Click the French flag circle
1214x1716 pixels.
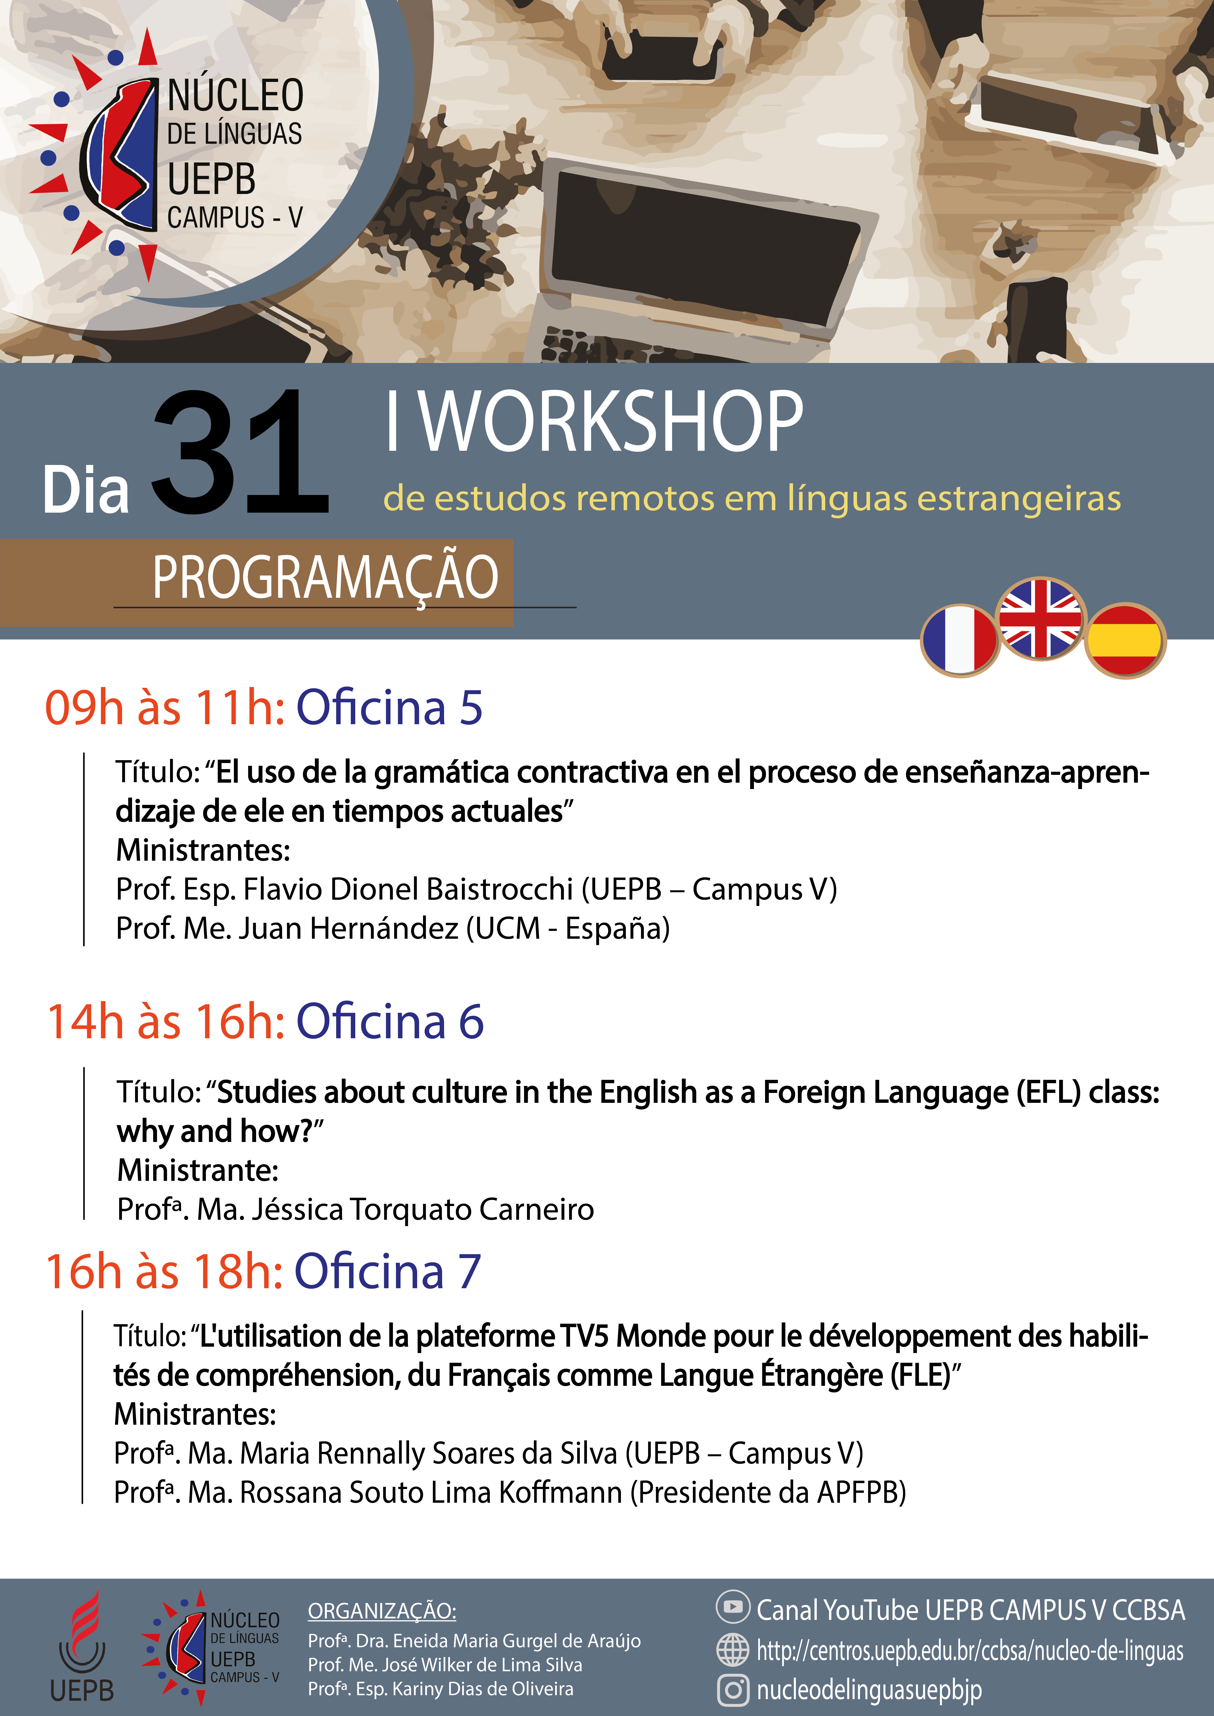coord(960,641)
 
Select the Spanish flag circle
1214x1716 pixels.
coord(1125,641)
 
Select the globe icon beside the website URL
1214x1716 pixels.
coord(733,1649)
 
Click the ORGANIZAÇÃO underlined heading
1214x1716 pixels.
coord(382,1611)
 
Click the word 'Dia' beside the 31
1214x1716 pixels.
coord(86,490)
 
